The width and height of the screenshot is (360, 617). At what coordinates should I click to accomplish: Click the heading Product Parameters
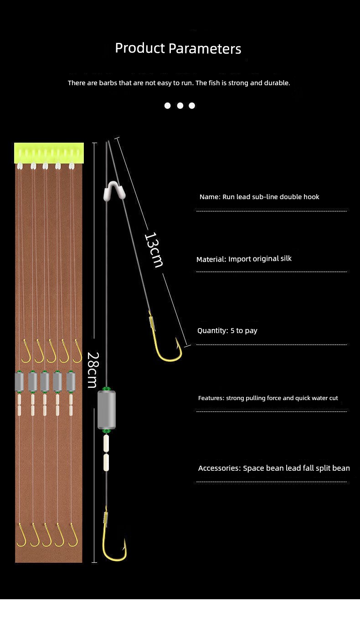178,48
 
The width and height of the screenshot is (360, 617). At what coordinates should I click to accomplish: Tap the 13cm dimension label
154,250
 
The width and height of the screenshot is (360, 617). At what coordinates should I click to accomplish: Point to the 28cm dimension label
92,370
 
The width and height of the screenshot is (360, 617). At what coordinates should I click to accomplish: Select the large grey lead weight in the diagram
107,410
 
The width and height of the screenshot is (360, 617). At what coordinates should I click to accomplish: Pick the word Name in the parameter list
209,197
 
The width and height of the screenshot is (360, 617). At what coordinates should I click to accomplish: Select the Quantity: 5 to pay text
227,330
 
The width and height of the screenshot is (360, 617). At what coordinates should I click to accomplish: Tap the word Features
211,398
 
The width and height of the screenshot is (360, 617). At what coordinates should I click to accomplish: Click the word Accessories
219,468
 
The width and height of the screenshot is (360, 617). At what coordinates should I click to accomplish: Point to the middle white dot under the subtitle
180,106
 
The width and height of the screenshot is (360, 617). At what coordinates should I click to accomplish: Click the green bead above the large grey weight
107,389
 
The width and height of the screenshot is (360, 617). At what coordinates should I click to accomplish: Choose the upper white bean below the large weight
106,442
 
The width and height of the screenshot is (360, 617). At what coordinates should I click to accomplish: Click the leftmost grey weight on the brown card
19,382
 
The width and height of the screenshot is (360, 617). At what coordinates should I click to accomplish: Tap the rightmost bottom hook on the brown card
73,535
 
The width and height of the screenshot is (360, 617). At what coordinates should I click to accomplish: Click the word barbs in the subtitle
108,83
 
